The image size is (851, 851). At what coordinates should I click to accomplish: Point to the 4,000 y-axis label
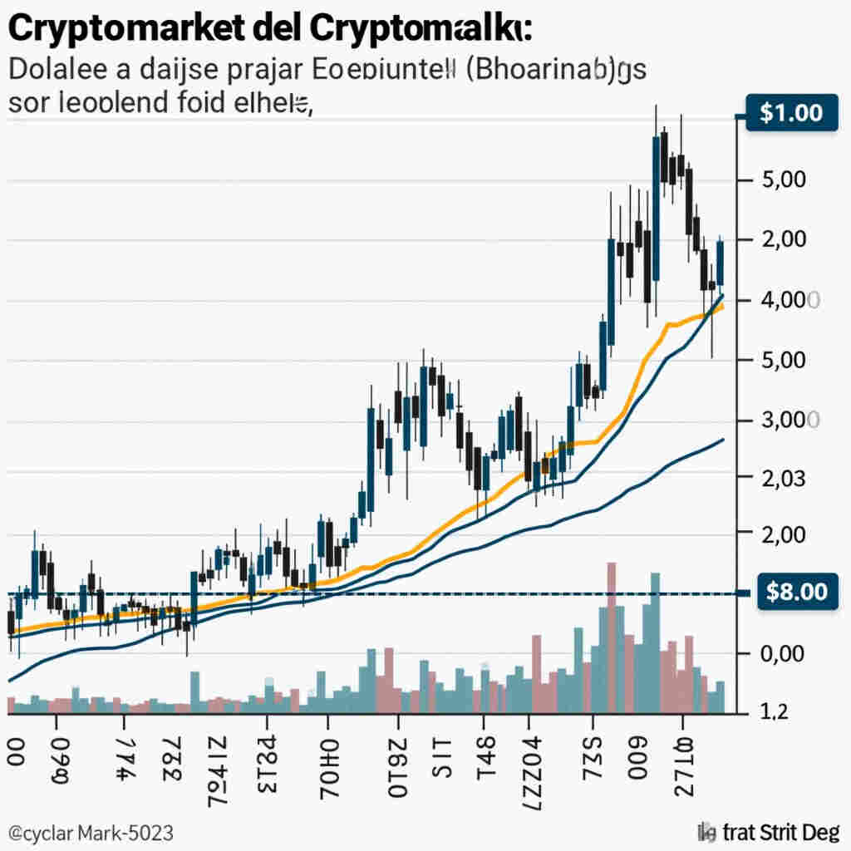[785, 301]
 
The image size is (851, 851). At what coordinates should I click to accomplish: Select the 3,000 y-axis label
[785, 421]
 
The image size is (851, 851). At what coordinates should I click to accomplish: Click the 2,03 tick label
[783, 479]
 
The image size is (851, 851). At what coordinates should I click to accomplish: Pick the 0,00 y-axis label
[783, 653]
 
